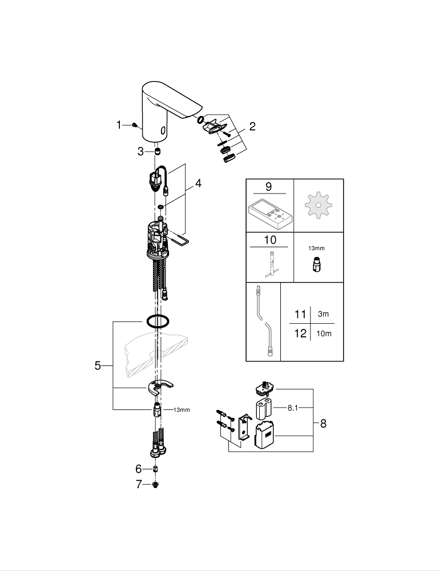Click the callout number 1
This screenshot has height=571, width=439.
coord(119,125)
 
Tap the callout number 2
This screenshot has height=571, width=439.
coord(252,127)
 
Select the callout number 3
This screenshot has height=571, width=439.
coord(140,151)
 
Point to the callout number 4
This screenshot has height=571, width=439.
coord(198,184)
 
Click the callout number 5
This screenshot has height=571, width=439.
coord(98,365)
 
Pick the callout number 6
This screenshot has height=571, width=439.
coord(139,469)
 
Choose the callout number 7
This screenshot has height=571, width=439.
coord(139,485)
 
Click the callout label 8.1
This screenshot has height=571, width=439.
coord(293,408)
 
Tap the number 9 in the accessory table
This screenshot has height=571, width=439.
coord(269,186)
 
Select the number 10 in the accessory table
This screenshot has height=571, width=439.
coord(269,240)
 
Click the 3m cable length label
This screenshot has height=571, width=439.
coord(324,314)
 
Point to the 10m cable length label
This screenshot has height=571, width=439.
coord(324,333)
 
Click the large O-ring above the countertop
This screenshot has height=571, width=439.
coord(158,321)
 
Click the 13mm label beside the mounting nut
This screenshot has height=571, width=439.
coord(181,409)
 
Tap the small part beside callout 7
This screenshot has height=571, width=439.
coord(156,485)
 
